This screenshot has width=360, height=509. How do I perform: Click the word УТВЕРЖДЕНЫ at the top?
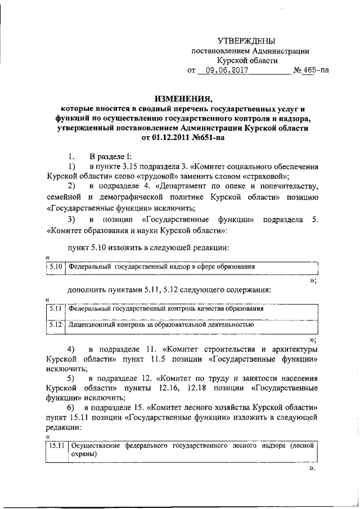pos(247,40)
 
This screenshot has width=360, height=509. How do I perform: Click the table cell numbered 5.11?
pos(55,309)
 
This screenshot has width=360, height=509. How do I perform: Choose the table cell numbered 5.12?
pos(55,325)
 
